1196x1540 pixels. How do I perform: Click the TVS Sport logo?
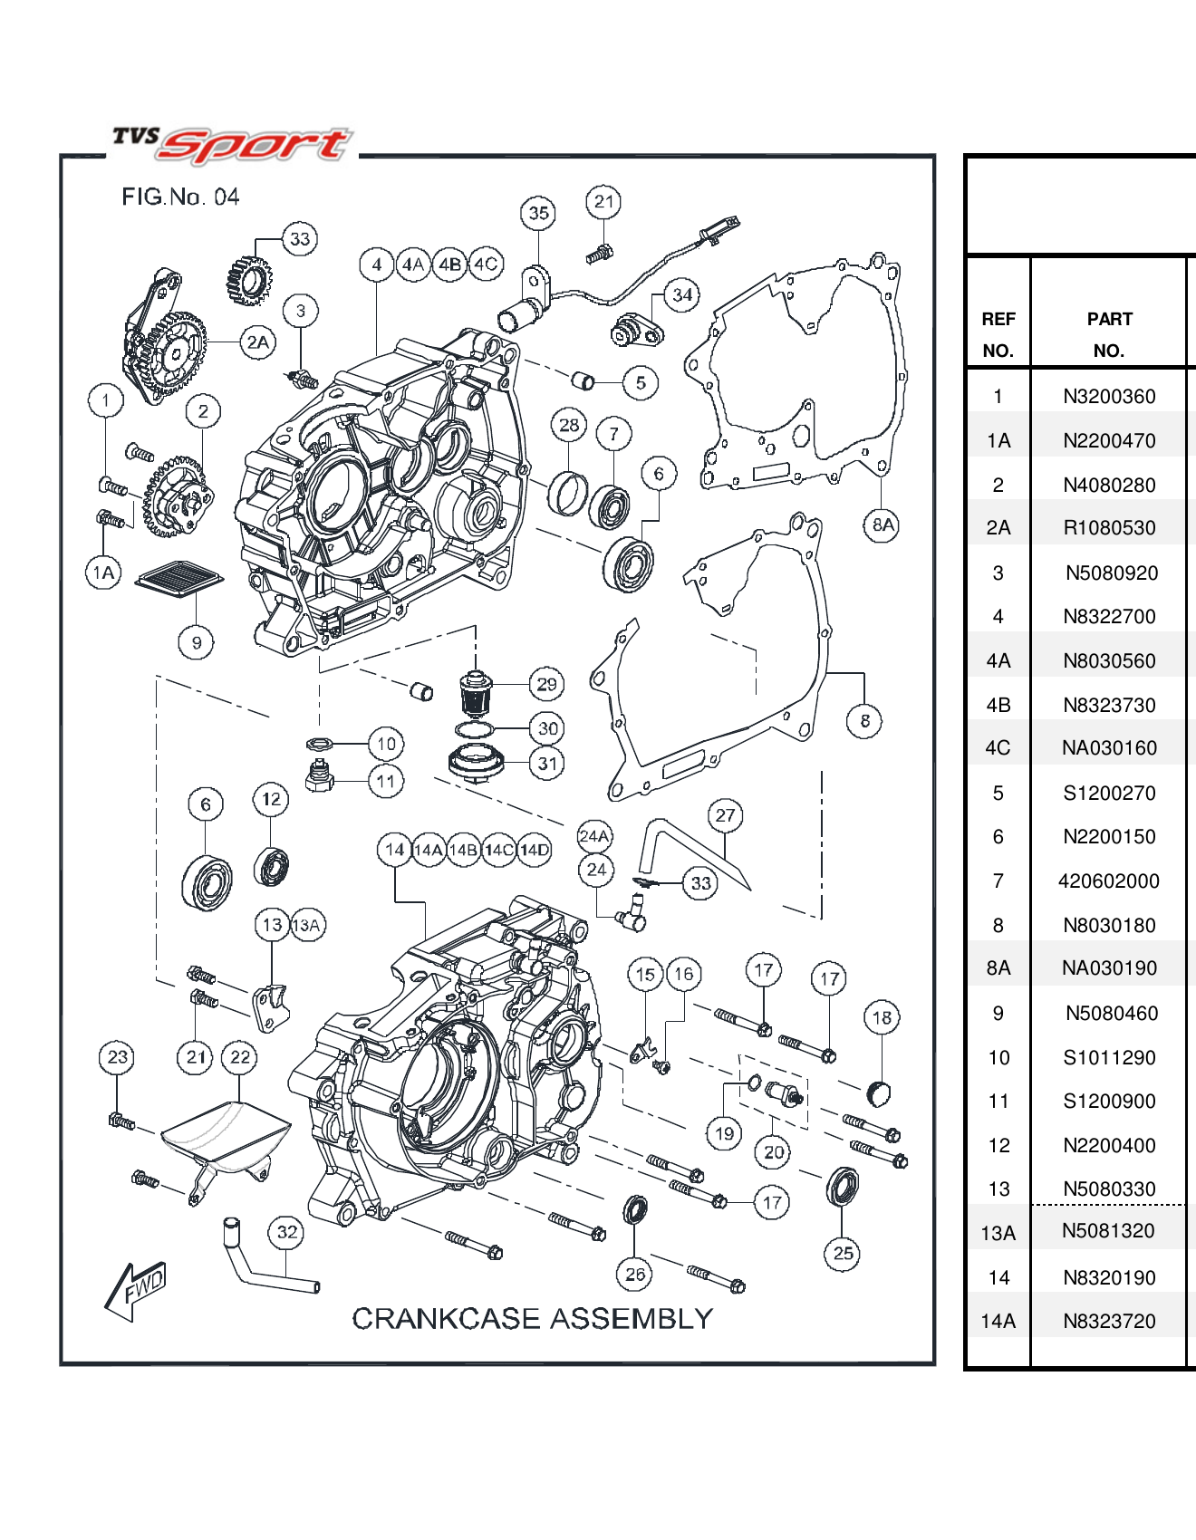point(231,145)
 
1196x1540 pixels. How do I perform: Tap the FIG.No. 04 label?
point(180,197)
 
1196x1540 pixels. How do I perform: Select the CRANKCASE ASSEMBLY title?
point(532,1318)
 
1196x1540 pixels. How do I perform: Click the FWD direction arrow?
point(136,1288)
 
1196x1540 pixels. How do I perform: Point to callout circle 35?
point(538,213)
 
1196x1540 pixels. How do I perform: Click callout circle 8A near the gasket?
point(882,525)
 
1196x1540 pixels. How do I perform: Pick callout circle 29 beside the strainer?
point(546,684)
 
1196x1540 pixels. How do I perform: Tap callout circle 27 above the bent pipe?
point(725,815)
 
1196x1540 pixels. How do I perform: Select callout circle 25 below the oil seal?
point(843,1253)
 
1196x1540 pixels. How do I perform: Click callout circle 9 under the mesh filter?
point(197,643)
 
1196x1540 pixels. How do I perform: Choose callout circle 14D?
point(534,850)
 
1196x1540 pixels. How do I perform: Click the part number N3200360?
point(1109,396)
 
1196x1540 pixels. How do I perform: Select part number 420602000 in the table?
point(1108,881)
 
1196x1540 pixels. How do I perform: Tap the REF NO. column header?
point(998,334)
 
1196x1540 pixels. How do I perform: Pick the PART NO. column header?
point(1109,334)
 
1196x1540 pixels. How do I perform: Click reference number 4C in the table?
point(998,748)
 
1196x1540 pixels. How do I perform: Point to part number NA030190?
point(1109,968)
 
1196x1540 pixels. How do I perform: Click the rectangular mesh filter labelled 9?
point(179,578)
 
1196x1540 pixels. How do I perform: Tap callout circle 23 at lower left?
point(118,1056)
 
